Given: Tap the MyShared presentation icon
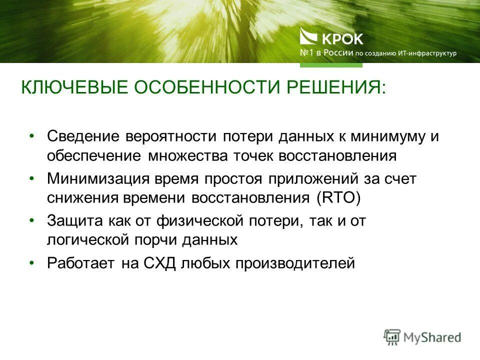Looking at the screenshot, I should click(x=392, y=336).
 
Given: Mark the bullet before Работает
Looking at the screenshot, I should click(x=32, y=262).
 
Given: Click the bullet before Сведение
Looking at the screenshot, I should click(x=32, y=135).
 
